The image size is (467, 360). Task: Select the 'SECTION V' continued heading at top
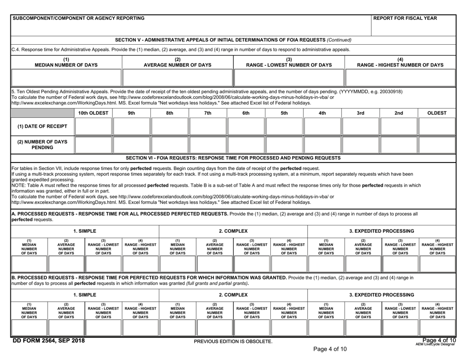233,39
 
